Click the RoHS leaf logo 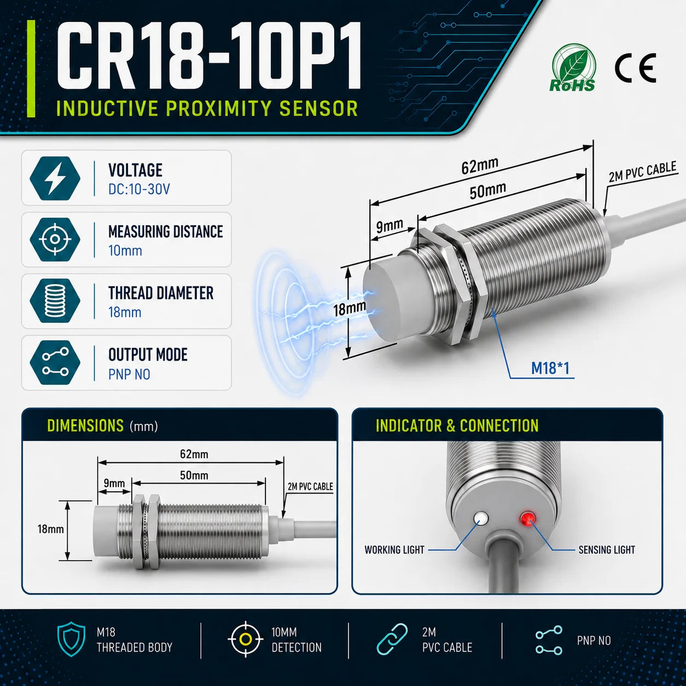[572, 68]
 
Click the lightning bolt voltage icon [55, 178]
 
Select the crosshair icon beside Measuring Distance [55, 239]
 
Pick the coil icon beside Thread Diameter [55, 301]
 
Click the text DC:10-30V [139, 189]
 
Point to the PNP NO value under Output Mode [129, 374]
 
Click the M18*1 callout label [550, 368]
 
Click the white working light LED [481, 518]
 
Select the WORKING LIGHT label [394, 550]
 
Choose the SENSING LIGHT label [607, 550]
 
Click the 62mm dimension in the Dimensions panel [194, 454]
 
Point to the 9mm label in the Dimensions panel [114, 483]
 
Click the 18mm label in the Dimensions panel [50, 529]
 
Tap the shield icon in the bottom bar [71, 639]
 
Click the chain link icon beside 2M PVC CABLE [392, 639]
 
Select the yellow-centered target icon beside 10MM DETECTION [245, 640]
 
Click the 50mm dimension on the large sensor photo [488, 191]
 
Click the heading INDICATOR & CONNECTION [457, 426]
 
